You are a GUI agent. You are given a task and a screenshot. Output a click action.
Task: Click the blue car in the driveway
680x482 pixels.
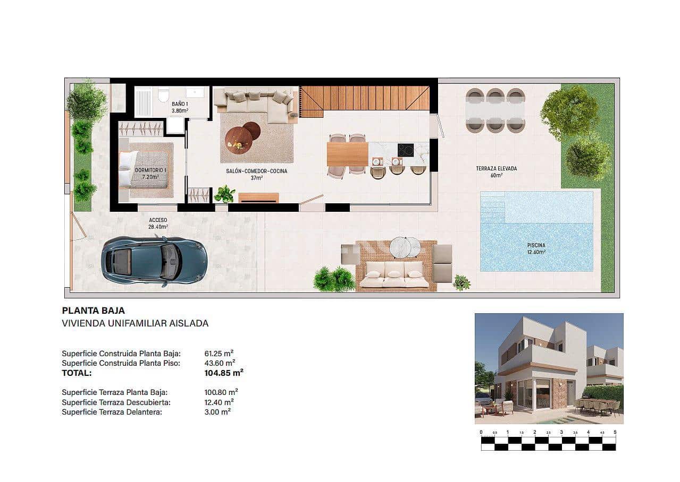(154, 261)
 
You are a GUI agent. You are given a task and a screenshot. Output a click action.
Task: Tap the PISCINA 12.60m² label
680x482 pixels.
(536, 248)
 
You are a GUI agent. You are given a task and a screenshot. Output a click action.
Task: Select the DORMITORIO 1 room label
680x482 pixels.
(150, 173)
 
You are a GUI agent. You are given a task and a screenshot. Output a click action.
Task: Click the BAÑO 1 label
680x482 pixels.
(180, 107)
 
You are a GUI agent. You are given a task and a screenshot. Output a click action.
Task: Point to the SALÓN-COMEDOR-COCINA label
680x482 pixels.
(257, 175)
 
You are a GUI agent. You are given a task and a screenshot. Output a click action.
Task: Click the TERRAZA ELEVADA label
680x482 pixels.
(496, 171)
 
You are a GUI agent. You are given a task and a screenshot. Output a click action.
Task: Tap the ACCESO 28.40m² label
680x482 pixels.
(158, 223)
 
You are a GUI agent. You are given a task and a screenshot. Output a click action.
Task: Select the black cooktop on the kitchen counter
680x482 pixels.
(405, 150)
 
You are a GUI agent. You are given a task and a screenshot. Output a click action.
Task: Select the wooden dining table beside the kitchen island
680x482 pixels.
(347, 154)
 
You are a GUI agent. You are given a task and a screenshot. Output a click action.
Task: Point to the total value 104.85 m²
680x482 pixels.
(224, 373)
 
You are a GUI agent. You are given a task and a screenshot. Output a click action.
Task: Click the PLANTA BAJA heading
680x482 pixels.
(94, 311)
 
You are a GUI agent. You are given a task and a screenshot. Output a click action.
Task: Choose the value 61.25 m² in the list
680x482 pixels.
(219, 353)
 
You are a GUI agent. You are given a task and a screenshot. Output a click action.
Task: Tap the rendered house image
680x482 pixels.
(549, 368)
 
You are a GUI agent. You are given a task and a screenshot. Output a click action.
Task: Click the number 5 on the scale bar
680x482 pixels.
(615, 432)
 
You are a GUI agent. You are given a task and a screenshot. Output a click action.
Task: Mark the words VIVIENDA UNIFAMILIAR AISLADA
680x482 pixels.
(135, 323)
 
